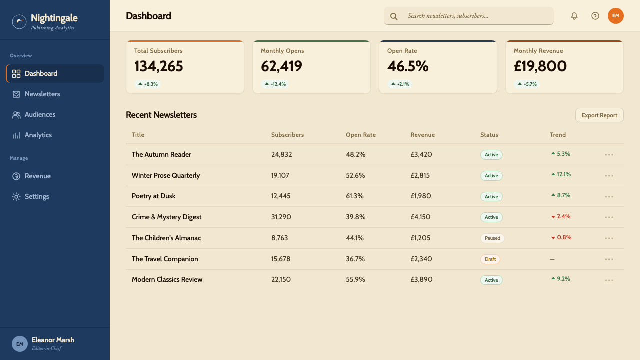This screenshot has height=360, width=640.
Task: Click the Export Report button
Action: pyautogui.click(x=599, y=115)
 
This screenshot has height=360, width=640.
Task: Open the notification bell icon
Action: pyautogui.click(x=574, y=16)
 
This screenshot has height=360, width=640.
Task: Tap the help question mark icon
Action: pyautogui.click(x=595, y=16)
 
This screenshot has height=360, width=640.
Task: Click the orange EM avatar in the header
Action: pyautogui.click(x=615, y=16)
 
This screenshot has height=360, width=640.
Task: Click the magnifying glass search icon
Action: pyautogui.click(x=394, y=16)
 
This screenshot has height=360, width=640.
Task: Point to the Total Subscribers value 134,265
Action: pyautogui.click(x=159, y=66)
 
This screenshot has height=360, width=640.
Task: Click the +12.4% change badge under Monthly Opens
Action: pyautogui.click(x=275, y=84)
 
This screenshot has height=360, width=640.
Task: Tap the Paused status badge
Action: pyautogui.click(x=492, y=238)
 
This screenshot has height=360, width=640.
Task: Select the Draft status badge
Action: pyautogui.click(x=490, y=259)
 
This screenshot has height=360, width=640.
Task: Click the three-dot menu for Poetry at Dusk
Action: pyautogui.click(x=609, y=197)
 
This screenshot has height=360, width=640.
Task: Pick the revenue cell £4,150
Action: pyautogui.click(x=420, y=217)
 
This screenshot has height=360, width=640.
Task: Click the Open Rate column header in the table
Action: pyautogui.click(x=361, y=135)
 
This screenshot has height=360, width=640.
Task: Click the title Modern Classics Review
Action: pyautogui.click(x=167, y=279)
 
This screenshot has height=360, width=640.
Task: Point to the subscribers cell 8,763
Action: pyautogui.click(x=279, y=238)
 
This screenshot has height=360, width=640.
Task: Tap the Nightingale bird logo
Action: pyautogui.click(x=19, y=21)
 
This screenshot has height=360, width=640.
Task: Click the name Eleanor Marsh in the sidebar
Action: pyautogui.click(x=53, y=340)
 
